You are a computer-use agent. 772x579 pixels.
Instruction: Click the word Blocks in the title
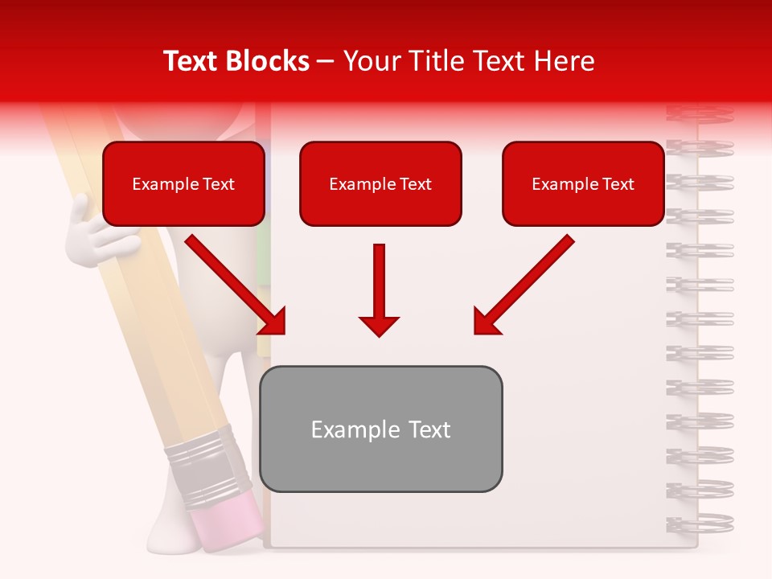click(x=265, y=61)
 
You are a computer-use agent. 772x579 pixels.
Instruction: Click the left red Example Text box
click(x=183, y=183)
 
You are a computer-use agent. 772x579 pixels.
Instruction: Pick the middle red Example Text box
click(x=380, y=183)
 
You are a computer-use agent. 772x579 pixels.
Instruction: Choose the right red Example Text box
click(x=583, y=183)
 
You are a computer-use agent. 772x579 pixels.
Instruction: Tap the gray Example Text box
click(x=380, y=429)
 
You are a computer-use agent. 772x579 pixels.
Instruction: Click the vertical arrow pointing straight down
click(x=379, y=289)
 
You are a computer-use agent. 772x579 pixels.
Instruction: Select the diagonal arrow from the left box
click(x=236, y=285)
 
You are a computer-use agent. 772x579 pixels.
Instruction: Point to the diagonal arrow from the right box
click(x=524, y=285)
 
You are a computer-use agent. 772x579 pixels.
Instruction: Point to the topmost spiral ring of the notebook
click(x=700, y=113)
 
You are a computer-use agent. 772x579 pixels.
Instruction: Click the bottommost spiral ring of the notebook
click(x=700, y=523)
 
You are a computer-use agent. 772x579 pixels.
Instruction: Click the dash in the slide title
click(x=326, y=62)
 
